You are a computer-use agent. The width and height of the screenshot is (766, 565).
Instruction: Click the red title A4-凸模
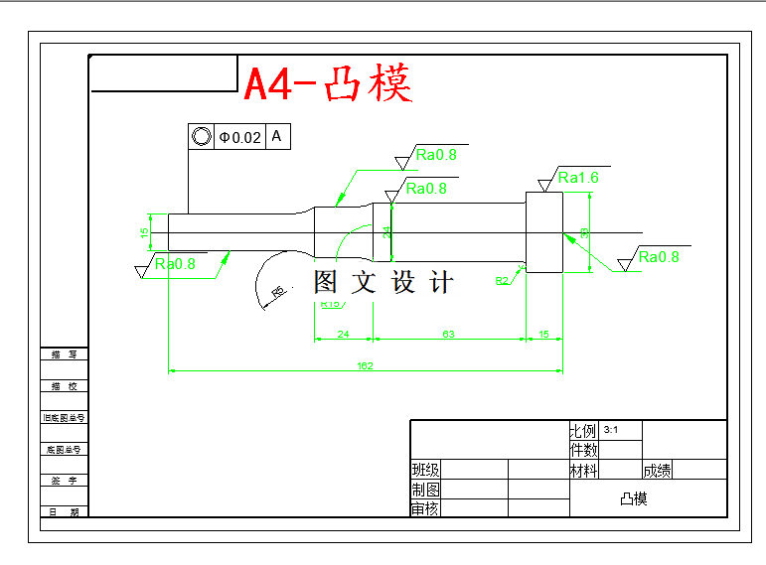click(327, 84)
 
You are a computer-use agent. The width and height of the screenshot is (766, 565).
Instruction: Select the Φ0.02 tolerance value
click(240, 137)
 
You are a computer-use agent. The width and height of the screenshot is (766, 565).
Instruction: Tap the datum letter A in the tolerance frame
click(276, 136)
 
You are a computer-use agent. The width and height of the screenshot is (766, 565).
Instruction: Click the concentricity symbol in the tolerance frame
click(202, 137)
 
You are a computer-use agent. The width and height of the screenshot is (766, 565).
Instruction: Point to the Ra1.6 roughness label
click(577, 178)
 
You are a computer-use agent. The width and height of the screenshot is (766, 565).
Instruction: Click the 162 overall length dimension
click(365, 366)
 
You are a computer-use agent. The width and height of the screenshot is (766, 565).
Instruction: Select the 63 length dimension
click(448, 335)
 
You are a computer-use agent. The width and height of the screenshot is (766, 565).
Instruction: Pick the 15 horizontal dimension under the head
click(543, 335)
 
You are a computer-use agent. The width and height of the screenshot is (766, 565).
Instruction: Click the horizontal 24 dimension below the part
click(343, 335)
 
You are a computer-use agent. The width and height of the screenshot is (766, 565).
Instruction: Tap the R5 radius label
click(277, 291)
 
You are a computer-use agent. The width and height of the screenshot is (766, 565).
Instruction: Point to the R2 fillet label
click(502, 281)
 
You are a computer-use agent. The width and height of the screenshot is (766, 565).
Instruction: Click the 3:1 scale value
click(610, 430)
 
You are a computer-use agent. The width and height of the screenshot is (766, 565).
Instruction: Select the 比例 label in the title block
click(582, 431)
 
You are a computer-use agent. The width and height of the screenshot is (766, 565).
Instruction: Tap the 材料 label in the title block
click(583, 470)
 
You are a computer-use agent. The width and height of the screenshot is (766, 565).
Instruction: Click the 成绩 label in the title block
click(657, 470)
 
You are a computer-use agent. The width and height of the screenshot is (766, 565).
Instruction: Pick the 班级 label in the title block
click(425, 470)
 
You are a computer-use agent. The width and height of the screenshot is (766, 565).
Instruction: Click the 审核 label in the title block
click(425, 508)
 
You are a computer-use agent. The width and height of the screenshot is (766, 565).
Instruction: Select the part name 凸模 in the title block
click(633, 498)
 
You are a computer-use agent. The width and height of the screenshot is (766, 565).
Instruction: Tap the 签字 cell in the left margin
click(64, 481)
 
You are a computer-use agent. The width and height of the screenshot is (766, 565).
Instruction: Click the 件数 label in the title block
click(583, 450)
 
